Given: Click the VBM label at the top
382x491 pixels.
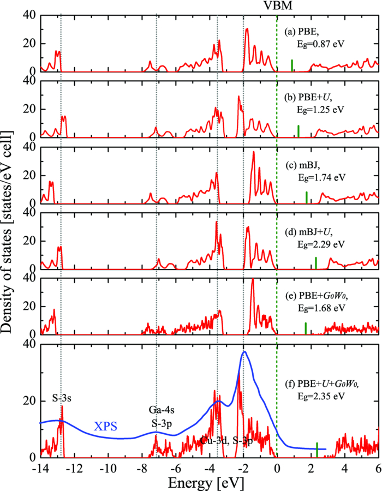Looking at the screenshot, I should [277, 6].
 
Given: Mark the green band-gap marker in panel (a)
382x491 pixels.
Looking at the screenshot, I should [292, 65].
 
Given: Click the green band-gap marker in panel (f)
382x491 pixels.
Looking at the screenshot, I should [317, 450].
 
